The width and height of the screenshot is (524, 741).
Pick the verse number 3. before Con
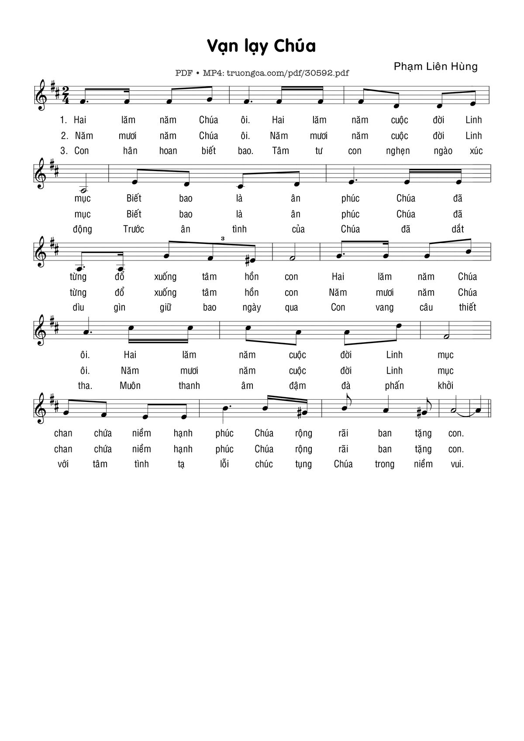[64, 151]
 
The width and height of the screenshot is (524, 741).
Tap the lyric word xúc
[476, 151]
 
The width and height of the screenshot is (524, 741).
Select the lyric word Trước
[134, 229]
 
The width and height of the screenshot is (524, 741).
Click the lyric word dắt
[458, 229]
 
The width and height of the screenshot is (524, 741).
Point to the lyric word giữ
[165, 307]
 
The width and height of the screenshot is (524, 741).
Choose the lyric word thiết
[467, 307]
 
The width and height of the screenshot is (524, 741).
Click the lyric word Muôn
[130, 386]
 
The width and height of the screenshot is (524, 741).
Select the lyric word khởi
[445, 386]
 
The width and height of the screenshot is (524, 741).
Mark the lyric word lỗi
[224, 464]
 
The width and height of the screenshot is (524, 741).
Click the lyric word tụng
[303, 464]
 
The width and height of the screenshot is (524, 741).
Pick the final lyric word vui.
[457, 464]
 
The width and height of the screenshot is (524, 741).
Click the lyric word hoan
[168, 151]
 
